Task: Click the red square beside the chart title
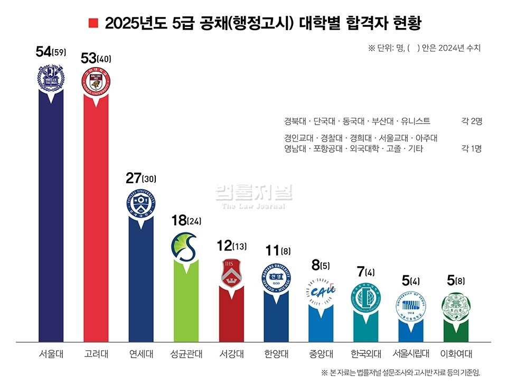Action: (93, 24)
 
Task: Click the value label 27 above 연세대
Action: (134, 178)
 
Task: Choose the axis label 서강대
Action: (231, 353)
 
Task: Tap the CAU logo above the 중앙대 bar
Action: (321, 291)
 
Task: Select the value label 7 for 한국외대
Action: (361, 273)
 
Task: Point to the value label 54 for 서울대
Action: (43, 52)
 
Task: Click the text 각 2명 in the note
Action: (472, 121)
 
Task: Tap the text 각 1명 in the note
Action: (472, 149)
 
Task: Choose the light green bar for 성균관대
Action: (186, 306)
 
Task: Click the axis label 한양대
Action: (276, 353)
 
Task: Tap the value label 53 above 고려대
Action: (88, 59)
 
